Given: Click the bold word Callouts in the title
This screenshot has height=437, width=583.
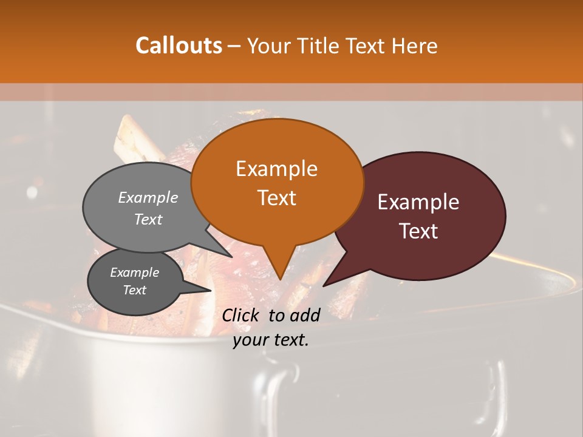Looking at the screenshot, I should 179,46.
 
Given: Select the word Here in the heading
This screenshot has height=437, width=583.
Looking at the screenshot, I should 415,46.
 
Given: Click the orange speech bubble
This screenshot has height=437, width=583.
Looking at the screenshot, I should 277,182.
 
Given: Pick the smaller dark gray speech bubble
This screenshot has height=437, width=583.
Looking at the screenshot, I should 135,282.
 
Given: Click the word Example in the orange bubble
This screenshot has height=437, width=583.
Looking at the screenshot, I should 276,169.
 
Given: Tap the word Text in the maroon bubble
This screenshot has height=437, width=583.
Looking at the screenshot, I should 419,231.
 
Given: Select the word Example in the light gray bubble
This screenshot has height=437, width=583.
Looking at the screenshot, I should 148,197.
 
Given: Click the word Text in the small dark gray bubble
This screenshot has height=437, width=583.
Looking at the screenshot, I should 135,290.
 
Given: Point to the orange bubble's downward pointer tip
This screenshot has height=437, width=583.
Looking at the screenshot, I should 280,279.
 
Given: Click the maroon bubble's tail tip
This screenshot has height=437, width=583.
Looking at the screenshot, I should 324,285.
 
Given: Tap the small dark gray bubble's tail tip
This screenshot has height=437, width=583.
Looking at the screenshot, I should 210,290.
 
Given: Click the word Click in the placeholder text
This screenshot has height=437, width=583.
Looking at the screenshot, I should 242,315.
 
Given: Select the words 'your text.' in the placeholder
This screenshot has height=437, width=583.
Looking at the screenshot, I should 271,340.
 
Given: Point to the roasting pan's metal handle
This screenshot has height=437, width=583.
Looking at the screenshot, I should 498,388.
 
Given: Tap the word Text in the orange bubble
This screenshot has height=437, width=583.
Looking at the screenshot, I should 276,198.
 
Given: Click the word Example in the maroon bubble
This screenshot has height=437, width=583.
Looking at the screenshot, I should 418,202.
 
